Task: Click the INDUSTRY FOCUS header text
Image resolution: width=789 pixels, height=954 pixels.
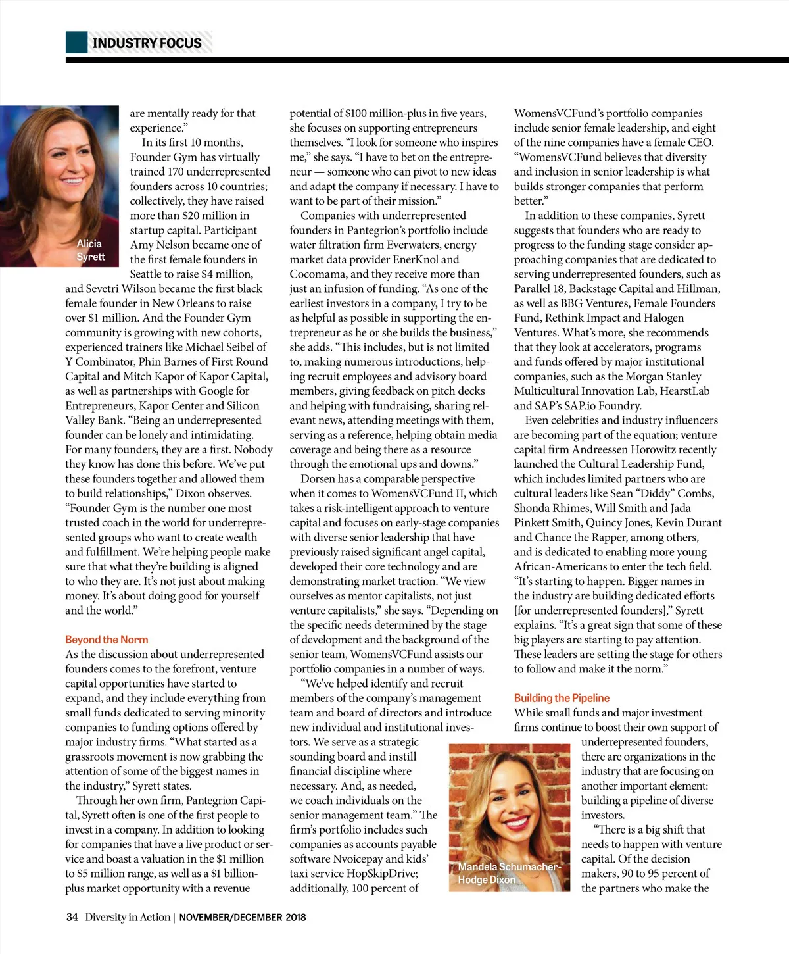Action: click(x=147, y=43)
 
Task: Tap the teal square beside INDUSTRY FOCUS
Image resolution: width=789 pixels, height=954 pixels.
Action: click(x=76, y=42)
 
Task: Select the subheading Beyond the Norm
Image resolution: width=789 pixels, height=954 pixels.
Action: click(x=107, y=640)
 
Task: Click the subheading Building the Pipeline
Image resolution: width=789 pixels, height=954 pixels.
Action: click(x=562, y=698)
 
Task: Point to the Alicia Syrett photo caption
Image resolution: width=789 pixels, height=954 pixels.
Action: click(x=90, y=250)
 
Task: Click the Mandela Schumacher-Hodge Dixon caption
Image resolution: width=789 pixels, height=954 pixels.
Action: click(x=508, y=873)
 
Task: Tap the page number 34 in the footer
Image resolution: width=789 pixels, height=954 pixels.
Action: click(x=72, y=917)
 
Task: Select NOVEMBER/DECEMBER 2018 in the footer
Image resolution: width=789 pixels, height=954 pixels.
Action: click(x=243, y=917)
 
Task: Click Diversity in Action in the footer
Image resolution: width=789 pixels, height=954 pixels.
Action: click(x=128, y=917)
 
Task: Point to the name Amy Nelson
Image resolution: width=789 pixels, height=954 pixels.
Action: click(x=161, y=245)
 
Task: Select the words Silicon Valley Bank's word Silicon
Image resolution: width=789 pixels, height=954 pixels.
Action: click(x=243, y=406)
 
